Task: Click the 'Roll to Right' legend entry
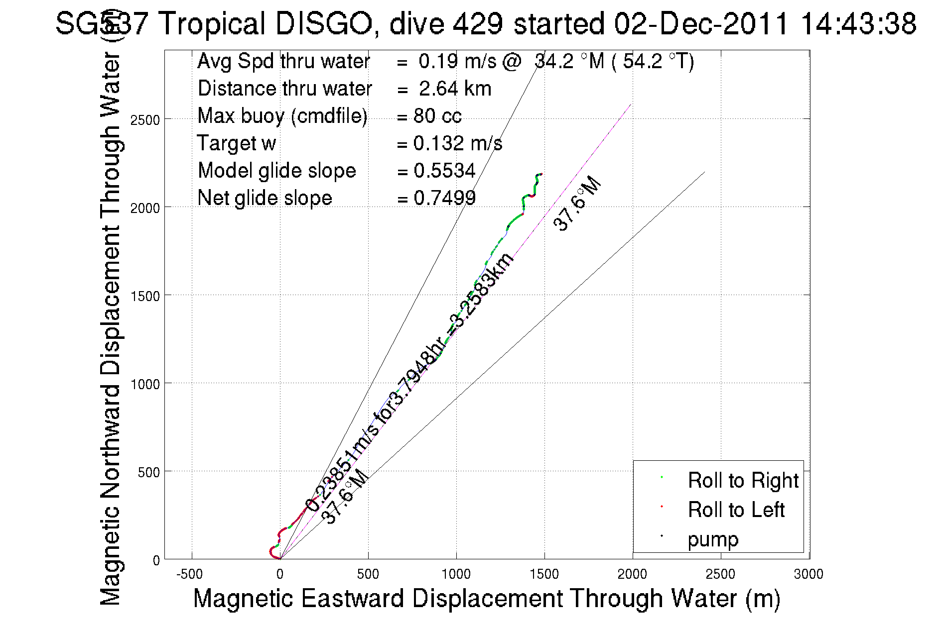point(743,481)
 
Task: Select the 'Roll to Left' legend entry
point(736,510)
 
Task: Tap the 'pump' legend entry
point(713,539)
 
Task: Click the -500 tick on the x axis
point(190,574)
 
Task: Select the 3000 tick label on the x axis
point(808,574)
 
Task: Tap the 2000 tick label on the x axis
point(632,574)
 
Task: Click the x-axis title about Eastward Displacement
point(486,598)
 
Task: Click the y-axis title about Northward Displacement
point(111,328)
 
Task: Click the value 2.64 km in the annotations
point(455,89)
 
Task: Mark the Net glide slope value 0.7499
point(444,198)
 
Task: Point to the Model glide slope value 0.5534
point(444,171)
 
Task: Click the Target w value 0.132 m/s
point(457,143)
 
